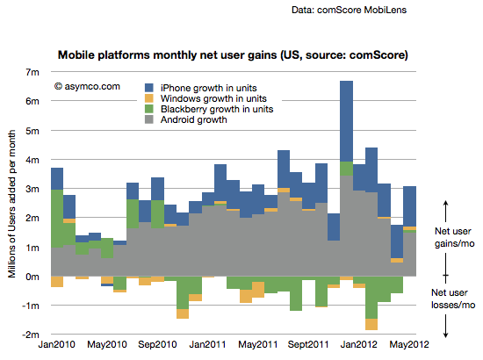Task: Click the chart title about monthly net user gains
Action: click(233, 55)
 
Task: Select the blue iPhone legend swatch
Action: click(149, 88)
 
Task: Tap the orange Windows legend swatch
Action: click(149, 98)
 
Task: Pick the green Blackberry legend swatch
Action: click(149, 109)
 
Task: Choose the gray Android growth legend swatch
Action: click(149, 119)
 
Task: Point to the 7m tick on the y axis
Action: click(32, 72)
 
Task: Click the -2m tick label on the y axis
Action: click(31, 335)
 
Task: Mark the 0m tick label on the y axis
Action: click(32, 277)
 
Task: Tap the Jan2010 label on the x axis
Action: click(57, 344)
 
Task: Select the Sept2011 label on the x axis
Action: click(308, 344)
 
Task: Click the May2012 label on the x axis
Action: click(409, 344)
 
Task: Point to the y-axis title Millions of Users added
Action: click(11, 204)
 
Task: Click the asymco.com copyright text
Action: click(87, 87)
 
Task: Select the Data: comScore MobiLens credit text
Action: click(349, 10)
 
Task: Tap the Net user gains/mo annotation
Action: click(454, 237)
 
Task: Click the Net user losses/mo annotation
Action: click(453, 299)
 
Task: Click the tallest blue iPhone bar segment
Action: click(347, 121)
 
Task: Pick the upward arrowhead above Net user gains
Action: click(446, 203)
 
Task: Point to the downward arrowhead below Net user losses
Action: click(446, 335)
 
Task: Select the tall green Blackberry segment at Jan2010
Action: click(57, 219)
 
